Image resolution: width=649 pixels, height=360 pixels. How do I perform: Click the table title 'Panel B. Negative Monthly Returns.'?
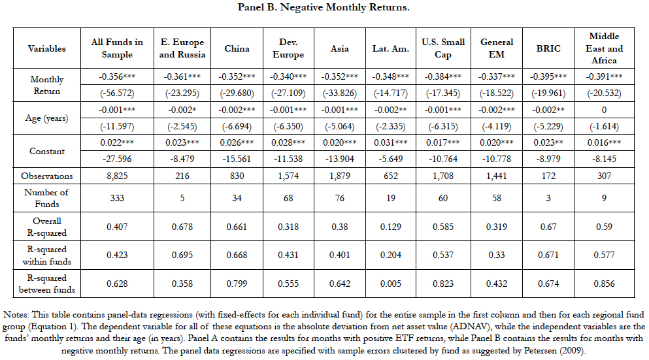coord(324,7)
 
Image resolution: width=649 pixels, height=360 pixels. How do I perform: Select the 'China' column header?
coord(237,48)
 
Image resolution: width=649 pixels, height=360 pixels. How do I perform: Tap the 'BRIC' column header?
coord(548,48)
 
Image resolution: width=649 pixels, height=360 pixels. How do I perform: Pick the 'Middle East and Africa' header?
coord(604,48)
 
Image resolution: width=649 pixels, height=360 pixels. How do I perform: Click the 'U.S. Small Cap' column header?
coord(443,48)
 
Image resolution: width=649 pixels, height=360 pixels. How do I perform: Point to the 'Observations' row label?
coord(47,176)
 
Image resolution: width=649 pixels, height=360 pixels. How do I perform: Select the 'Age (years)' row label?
coord(47,118)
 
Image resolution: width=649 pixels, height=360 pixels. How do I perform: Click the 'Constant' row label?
coord(47,151)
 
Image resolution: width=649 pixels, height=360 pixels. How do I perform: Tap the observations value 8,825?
coord(117,176)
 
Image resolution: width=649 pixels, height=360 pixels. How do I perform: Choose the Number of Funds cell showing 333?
coord(117,198)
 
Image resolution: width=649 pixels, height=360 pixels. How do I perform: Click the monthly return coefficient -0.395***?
coord(548,76)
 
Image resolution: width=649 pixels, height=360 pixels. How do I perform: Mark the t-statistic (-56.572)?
coord(117,93)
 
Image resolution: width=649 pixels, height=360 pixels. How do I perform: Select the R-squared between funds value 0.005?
coord(391,284)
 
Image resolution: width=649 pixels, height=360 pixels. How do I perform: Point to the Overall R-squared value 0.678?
coord(182,227)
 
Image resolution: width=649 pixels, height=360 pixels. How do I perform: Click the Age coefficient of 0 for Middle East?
coord(604,110)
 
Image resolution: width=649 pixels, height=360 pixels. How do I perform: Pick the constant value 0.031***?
coord(391,142)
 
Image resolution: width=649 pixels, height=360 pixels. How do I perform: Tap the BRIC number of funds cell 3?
coord(548,198)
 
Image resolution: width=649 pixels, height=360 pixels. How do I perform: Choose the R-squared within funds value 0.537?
coord(443,255)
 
